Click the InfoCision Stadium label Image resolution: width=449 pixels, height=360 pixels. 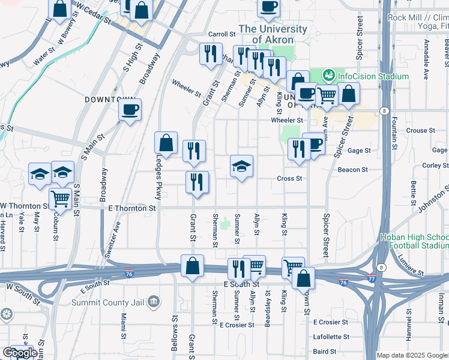(x=373, y=77)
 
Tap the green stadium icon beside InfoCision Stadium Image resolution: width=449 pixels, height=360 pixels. (x=328, y=76)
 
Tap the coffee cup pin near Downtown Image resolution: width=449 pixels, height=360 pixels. (x=130, y=110)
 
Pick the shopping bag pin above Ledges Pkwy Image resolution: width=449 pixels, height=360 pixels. (x=166, y=143)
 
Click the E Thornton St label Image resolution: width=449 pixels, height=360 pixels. (x=133, y=208)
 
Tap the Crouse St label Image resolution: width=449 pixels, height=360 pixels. (x=420, y=130)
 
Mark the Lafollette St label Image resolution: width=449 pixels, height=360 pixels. (x=331, y=337)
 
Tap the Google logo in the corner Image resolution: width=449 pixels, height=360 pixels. (x=20, y=353)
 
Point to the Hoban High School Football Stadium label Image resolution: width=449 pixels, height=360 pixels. (x=415, y=241)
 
